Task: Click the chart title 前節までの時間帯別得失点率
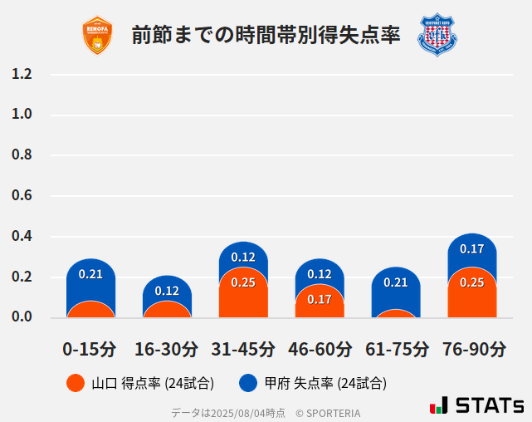pyautogui.click(x=266, y=36)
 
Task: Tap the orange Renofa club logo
pyautogui.click(x=97, y=35)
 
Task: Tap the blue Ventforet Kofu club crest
pyautogui.click(x=437, y=35)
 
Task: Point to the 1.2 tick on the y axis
pyautogui.click(x=22, y=74)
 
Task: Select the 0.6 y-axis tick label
pyautogui.click(x=22, y=196)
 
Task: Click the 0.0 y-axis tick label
pyautogui.click(x=22, y=317)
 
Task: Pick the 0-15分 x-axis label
pyautogui.click(x=90, y=348)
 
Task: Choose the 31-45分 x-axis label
pyautogui.click(x=242, y=348)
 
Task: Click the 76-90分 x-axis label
pyautogui.click(x=473, y=348)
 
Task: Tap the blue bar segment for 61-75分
pyautogui.click(x=396, y=287)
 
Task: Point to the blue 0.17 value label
pyautogui.click(x=471, y=248)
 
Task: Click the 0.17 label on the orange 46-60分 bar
pyautogui.click(x=320, y=299)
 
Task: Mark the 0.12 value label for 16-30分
pyautogui.click(x=167, y=291)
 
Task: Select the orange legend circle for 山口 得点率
pyautogui.click(x=75, y=383)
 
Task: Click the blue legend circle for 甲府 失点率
pyautogui.click(x=247, y=383)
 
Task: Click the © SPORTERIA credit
pyautogui.click(x=328, y=412)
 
